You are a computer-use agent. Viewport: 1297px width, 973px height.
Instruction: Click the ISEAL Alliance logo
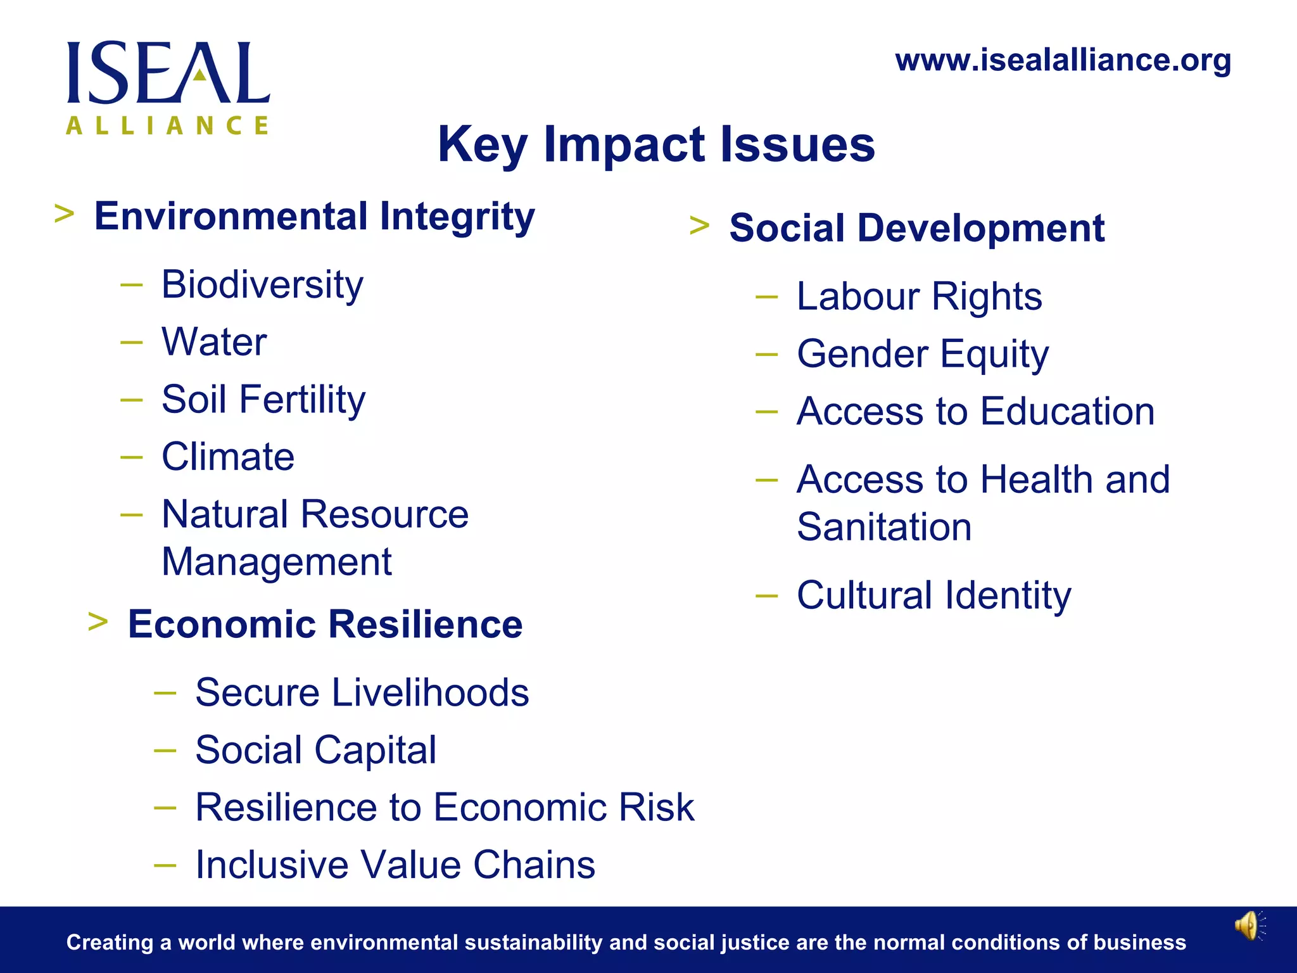pos(168,87)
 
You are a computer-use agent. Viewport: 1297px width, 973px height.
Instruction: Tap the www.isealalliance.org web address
pos(1063,61)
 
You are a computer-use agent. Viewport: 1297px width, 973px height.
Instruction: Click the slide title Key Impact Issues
pos(656,144)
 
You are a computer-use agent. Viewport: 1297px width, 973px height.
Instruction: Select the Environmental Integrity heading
pos(314,217)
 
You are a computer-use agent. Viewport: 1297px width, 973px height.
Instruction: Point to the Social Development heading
pos(916,228)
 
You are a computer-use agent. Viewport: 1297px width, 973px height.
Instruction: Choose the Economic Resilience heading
pos(325,625)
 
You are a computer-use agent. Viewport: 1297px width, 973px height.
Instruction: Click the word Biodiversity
pos(262,285)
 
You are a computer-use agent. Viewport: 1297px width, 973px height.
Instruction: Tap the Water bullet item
pos(214,342)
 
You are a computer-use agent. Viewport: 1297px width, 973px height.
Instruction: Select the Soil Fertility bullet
pos(263,400)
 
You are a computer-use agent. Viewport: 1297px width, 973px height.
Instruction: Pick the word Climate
pos(228,457)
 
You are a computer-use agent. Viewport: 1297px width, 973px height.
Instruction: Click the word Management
pos(277,562)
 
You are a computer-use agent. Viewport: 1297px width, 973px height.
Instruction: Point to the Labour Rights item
pos(919,296)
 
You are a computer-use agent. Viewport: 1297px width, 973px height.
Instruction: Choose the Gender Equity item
pos(923,354)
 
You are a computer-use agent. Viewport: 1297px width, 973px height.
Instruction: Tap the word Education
pos(1067,412)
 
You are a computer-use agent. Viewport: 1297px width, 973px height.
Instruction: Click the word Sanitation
pos(884,527)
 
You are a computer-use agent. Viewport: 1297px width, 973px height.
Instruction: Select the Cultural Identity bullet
pos(934,595)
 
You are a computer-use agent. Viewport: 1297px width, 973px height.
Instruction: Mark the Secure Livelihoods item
pos(362,692)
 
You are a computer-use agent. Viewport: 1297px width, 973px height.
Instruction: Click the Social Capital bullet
pos(315,750)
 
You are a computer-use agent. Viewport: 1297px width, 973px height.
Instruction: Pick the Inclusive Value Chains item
pos(395,865)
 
